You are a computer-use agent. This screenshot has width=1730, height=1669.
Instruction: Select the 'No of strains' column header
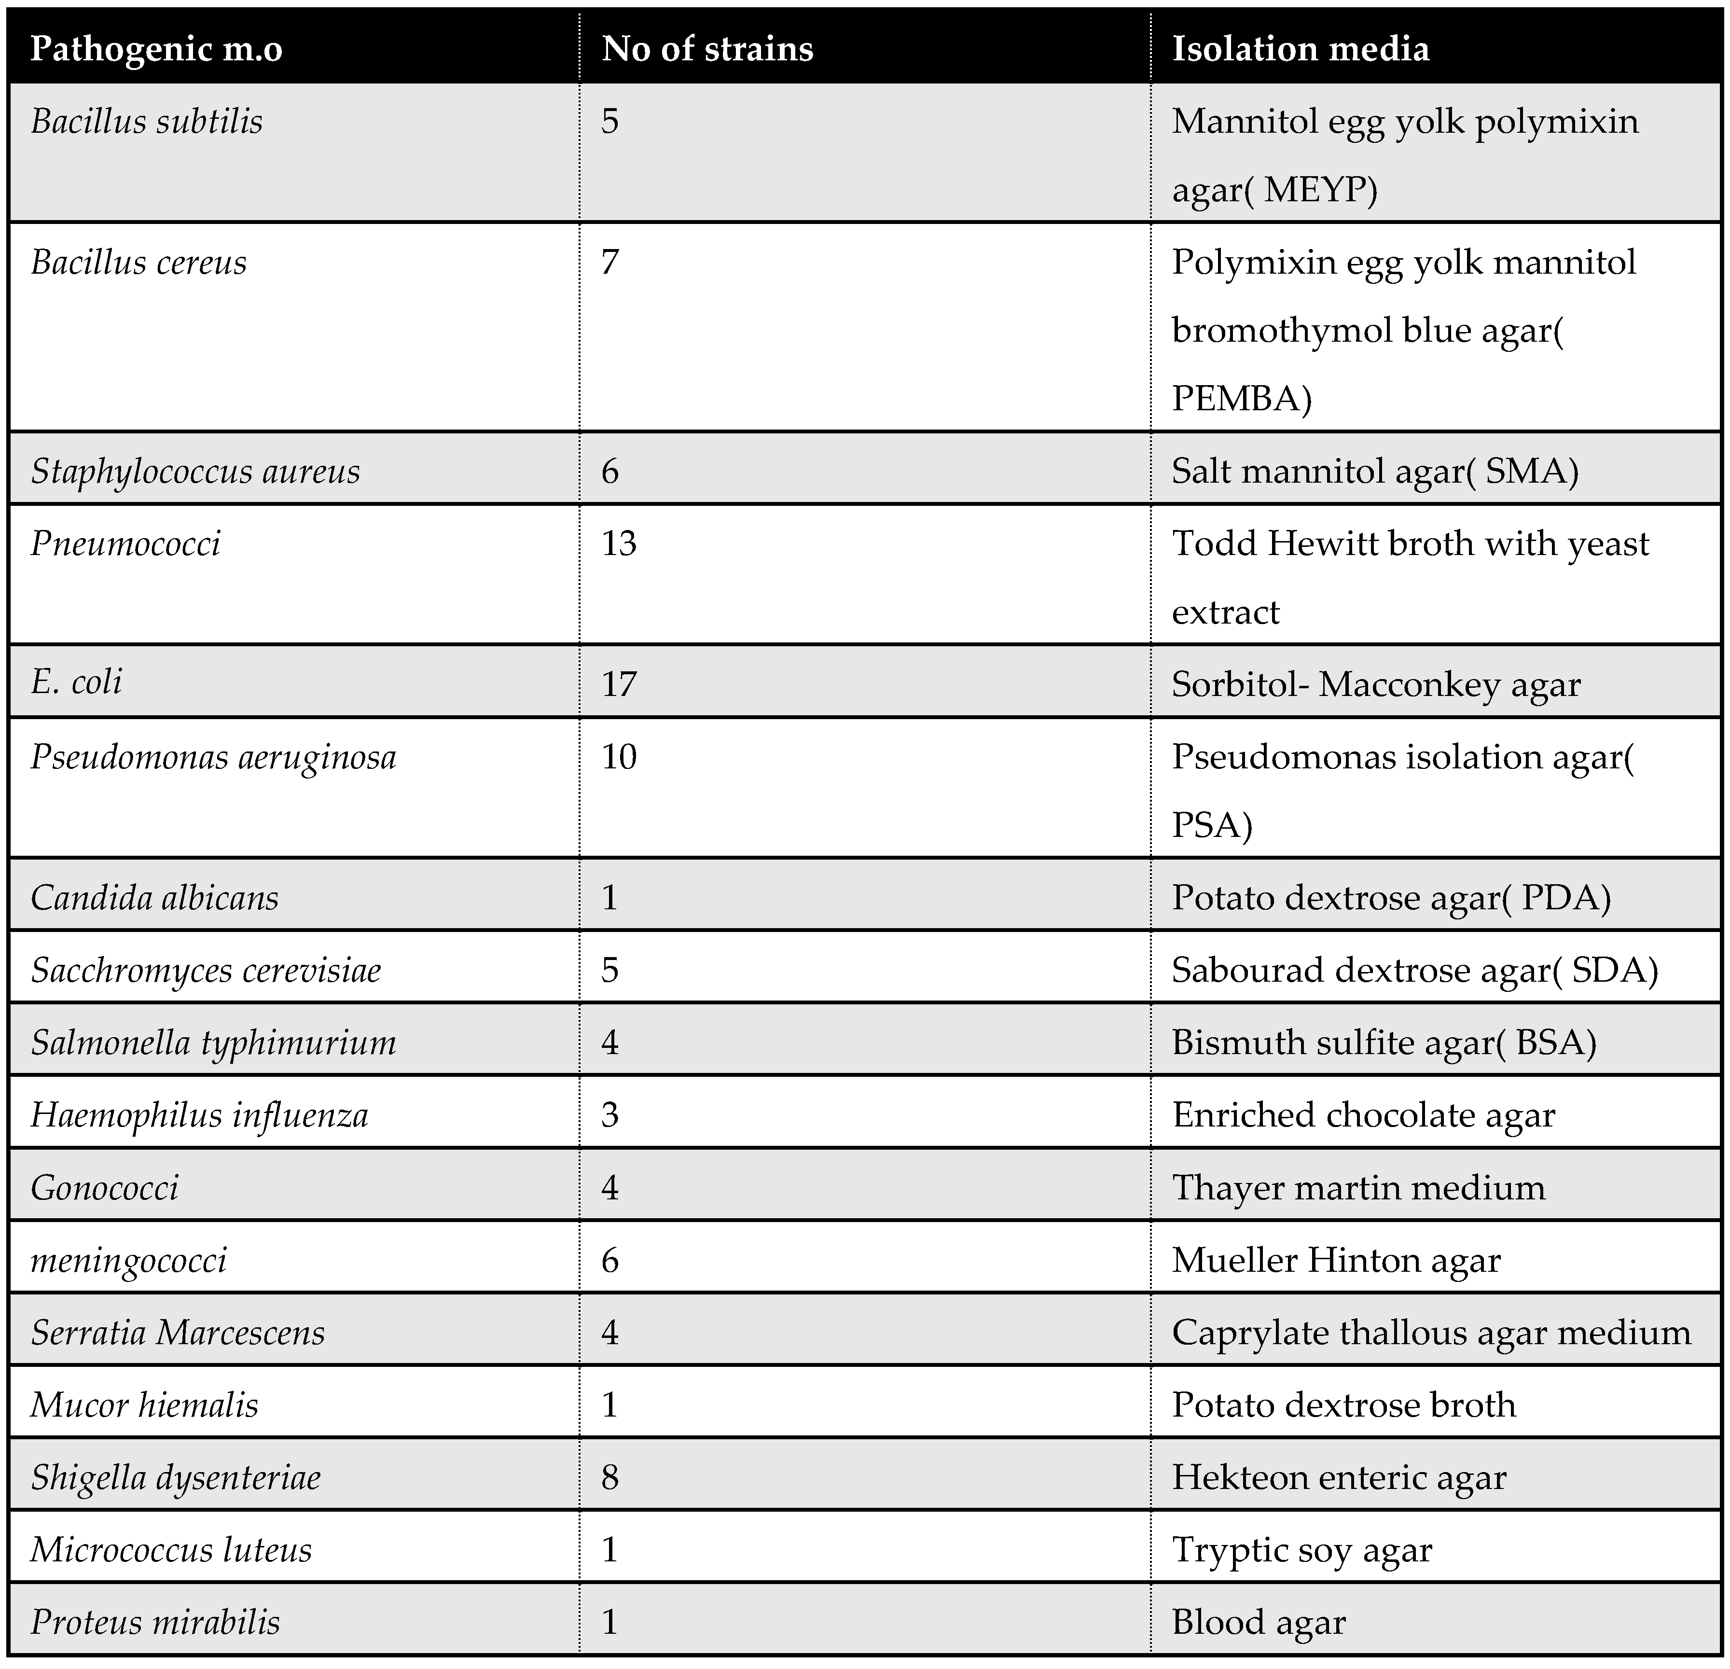pyautogui.click(x=707, y=49)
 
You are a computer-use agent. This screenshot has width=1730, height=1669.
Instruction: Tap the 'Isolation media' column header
pyautogui.click(x=1300, y=49)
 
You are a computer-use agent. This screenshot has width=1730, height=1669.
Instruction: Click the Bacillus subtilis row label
pyautogui.click(x=147, y=122)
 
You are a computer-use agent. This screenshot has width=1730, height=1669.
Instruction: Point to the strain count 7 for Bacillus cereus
pyautogui.click(x=610, y=262)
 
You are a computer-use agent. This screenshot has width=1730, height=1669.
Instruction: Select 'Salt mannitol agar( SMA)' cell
pyautogui.click(x=1374, y=472)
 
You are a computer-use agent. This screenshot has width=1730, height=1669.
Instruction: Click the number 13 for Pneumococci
pyautogui.click(x=619, y=543)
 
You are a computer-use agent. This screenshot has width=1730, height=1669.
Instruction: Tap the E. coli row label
pyautogui.click(x=77, y=682)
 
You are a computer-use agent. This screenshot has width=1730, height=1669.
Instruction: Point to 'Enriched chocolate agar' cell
pyautogui.click(x=1363, y=1115)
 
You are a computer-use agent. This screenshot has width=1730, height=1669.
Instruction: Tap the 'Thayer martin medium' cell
pyautogui.click(x=1358, y=1188)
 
